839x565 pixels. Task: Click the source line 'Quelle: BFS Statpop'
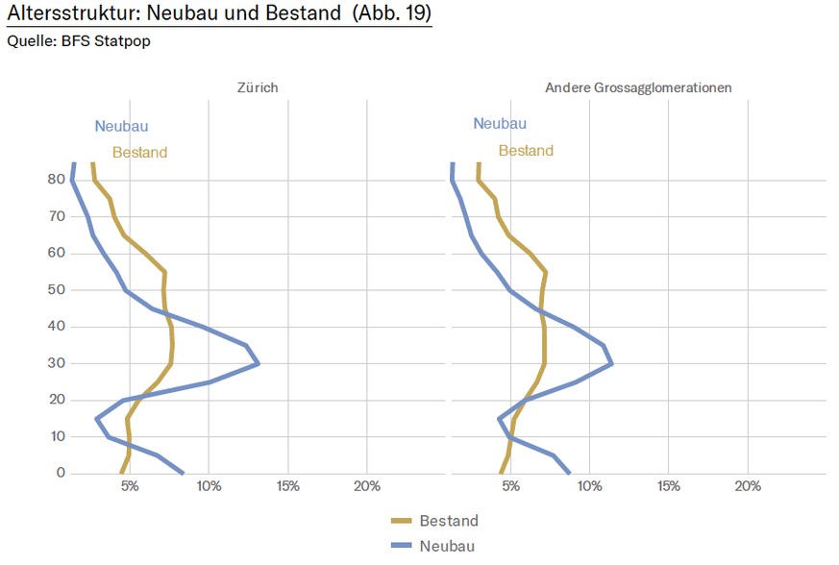pos(79,40)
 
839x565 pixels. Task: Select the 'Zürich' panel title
pos(258,87)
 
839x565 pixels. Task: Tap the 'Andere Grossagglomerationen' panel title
pos(638,87)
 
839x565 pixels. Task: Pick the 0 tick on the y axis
pos(59,473)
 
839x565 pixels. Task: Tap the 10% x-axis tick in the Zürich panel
pos(209,486)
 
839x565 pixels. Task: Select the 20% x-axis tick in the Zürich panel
pos(366,486)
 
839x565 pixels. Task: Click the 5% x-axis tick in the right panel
pos(510,486)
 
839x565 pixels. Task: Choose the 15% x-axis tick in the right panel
pos(669,486)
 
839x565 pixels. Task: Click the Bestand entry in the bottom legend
pos(448,521)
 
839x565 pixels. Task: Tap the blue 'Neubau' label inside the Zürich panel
pos(121,126)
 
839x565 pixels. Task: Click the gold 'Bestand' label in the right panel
pos(526,151)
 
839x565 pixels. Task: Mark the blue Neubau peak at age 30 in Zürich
pos(259,364)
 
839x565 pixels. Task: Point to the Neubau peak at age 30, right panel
pos(611,364)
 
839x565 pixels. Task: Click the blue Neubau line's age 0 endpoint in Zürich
pos(183,473)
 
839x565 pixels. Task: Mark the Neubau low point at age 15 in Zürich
pos(97,419)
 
